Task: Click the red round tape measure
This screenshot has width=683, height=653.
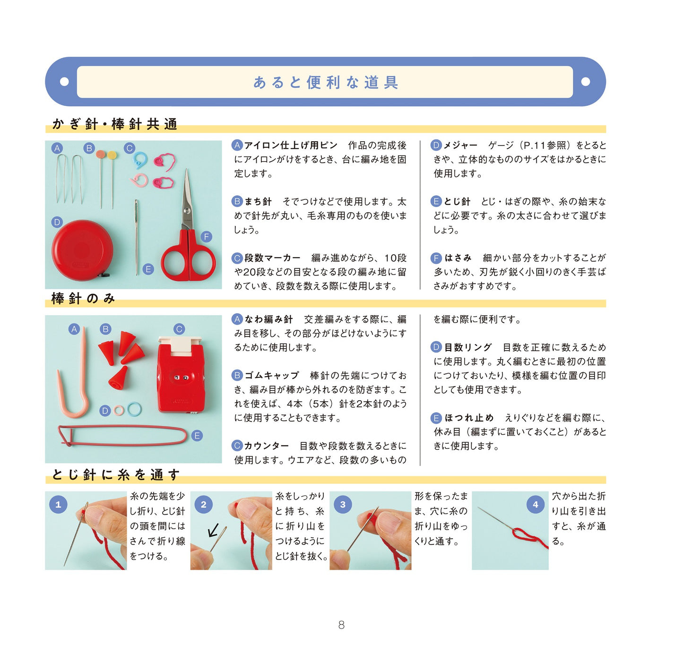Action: tap(82, 250)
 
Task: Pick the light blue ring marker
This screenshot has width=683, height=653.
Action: tap(134, 409)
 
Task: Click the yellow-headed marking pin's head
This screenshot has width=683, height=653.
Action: tap(112, 155)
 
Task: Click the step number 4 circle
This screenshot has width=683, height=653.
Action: tap(535, 505)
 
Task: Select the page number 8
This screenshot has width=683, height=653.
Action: tap(341, 625)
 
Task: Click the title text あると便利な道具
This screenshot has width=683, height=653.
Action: tap(326, 82)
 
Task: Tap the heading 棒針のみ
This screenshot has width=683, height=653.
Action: tap(83, 298)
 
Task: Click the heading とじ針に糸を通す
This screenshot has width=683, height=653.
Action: tap(116, 474)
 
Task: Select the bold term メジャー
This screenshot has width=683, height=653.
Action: tap(460, 145)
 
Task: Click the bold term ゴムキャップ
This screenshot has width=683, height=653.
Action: tap(271, 376)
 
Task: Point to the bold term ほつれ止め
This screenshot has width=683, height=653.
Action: tap(469, 418)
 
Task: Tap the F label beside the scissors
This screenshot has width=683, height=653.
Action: tap(207, 237)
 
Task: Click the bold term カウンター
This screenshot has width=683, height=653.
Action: tap(267, 446)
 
